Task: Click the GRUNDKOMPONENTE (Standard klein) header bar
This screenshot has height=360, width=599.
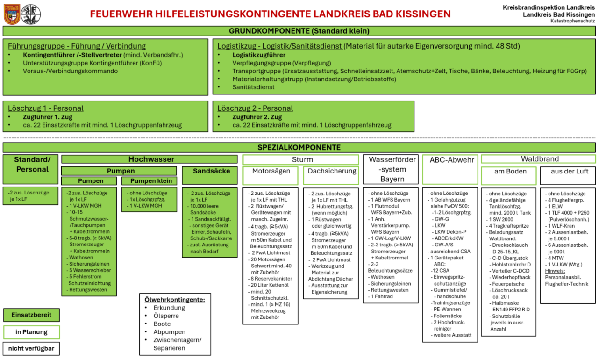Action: point(299,31)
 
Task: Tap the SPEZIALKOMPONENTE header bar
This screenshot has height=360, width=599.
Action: point(299,148)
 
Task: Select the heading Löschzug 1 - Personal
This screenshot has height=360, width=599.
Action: point(46,108)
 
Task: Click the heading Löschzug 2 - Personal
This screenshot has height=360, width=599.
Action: point(255,108)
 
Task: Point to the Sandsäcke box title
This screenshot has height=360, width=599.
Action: point(211,171)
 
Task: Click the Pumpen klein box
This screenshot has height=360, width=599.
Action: point(151,181)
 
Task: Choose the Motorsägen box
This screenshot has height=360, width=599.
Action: point(271,171)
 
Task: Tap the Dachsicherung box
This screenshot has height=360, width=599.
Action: point(331,171)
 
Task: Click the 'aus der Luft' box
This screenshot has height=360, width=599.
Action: point(568,172)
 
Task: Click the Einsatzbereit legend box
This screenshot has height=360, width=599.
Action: point(31,315)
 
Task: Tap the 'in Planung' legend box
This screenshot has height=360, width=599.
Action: point(31,332)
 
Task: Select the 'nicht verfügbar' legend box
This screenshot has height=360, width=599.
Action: point(31,349)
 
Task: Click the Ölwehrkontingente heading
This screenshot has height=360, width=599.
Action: point(174,300)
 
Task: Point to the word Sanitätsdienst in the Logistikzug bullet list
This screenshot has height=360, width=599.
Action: point(253,87)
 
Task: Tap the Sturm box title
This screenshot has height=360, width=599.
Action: point(301,160)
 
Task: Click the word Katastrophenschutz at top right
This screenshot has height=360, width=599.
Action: point(572,21)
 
